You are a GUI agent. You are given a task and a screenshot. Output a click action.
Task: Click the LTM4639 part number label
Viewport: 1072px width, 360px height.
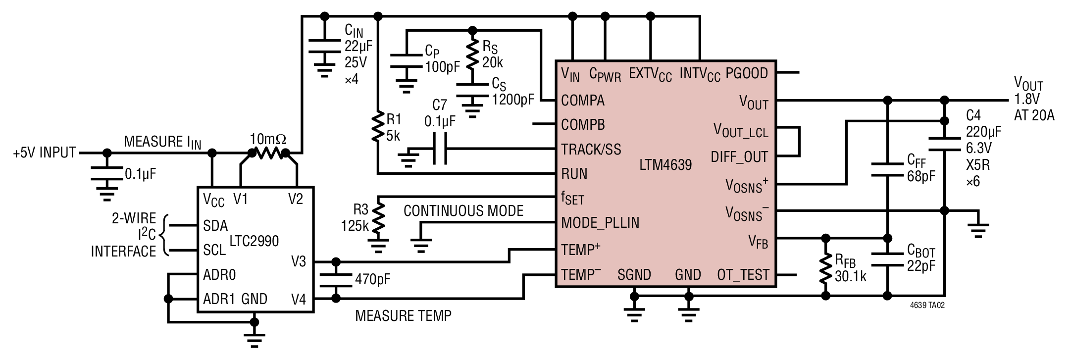(x=665, y=164)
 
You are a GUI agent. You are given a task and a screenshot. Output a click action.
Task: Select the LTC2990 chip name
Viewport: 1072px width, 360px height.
(x=254, y=241)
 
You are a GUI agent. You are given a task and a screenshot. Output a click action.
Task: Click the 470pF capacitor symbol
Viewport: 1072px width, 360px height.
(x=336, y=280)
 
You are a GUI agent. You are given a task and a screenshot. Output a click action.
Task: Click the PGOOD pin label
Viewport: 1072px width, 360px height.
(x=747, y=73)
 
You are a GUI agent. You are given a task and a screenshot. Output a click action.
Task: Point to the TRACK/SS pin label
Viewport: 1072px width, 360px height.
(x=591, y=150)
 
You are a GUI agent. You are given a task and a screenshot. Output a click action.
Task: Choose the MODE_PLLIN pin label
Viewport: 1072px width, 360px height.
(x=600, y=223)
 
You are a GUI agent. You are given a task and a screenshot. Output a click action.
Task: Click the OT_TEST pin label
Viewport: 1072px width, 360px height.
(x=743, y=275)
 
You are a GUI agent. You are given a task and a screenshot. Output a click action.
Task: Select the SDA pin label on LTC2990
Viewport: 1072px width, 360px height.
(x=215, y=226)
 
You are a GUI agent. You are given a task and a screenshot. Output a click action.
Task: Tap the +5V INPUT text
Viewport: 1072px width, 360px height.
(x=45, y=153)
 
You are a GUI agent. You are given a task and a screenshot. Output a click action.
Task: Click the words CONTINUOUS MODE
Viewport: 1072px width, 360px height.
(x=463, y=211)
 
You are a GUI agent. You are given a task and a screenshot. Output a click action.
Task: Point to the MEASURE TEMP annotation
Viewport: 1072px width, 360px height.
(x=404, y=315)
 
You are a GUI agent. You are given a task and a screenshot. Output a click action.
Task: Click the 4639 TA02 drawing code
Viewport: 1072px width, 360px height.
(x=927, y=306)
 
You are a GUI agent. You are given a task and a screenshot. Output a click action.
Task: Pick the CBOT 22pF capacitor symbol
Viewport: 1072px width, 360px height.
(x=887, y=259)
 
